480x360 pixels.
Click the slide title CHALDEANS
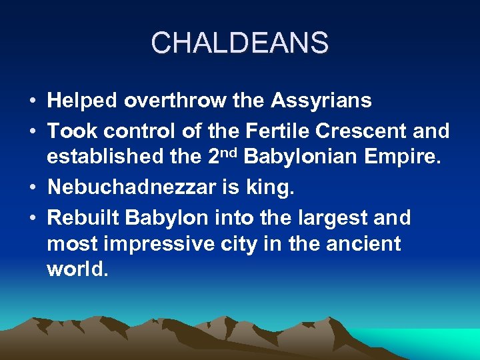239,43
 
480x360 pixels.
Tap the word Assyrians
321,101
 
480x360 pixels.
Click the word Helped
81,101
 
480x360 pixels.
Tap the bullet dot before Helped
33,102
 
